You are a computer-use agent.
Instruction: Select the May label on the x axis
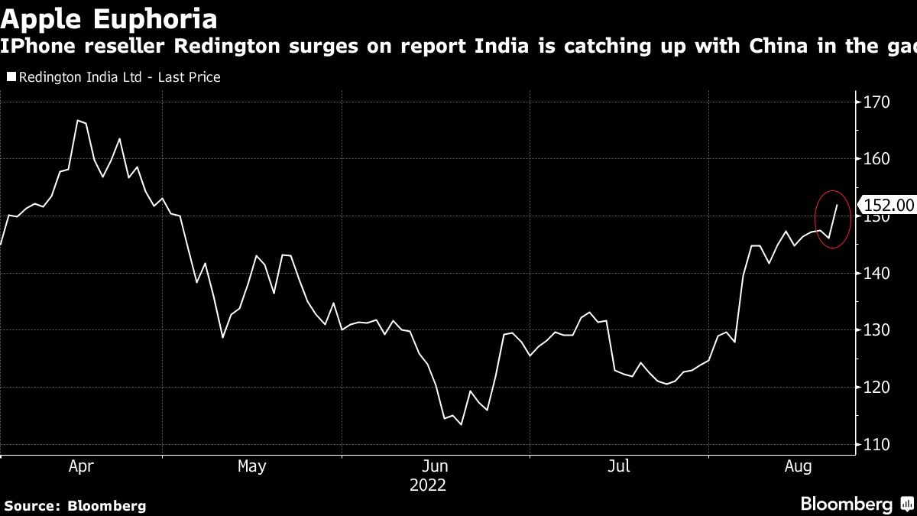251,466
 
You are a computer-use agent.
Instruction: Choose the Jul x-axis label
618,466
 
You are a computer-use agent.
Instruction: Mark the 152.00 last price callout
887,206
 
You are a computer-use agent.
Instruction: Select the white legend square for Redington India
11,77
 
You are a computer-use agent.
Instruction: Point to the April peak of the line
78,120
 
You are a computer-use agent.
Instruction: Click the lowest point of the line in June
461,424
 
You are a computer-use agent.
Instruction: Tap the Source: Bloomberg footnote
74,505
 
